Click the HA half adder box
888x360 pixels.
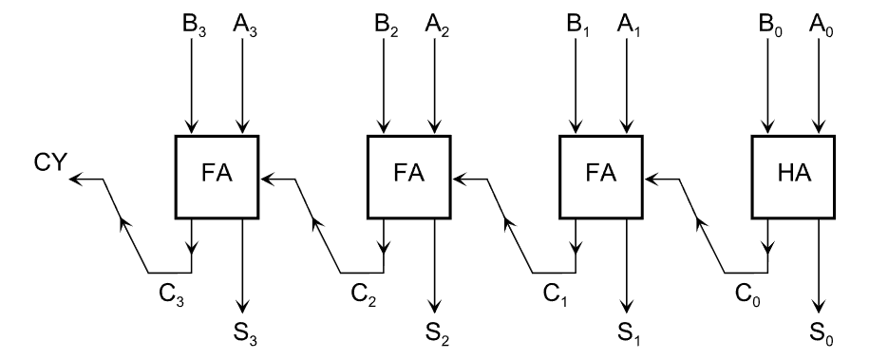(x=793, y=176)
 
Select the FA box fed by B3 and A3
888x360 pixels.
(x=217, y=176)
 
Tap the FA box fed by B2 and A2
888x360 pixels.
(x=409, y=176)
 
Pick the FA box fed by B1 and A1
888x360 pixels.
(x=601, y=176)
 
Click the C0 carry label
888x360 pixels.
(x=746, y=294)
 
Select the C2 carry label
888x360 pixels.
(x=363, y=294)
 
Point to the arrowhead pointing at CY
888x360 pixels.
(x=78, y=177)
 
